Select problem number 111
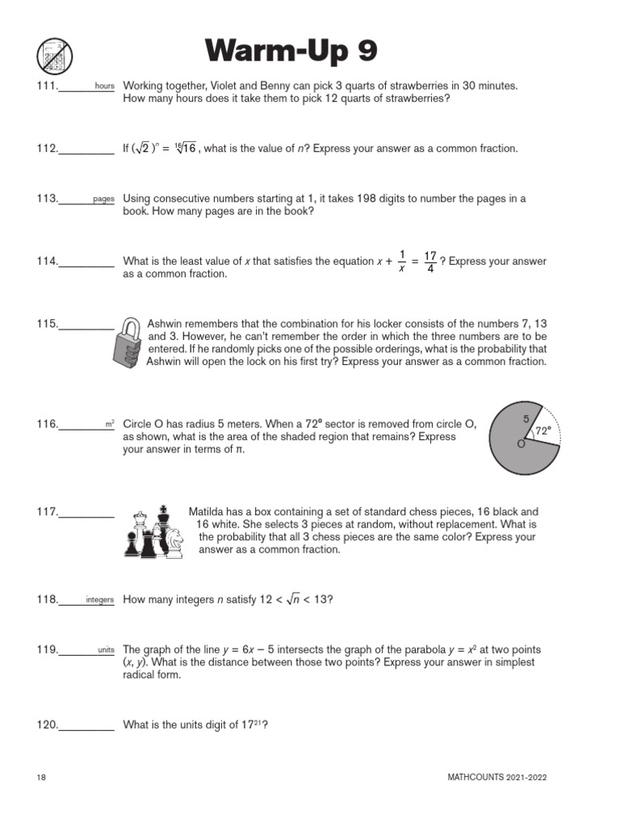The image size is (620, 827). click(x=47, y=86)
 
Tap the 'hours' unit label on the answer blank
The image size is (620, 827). click(x=104, y=86)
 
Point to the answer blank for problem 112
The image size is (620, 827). click(x=86, y=149)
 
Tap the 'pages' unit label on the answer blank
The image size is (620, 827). click(x=103, y=199)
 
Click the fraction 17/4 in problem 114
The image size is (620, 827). click(x=430, y=261)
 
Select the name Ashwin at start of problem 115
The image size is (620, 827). click(x=165, y=323)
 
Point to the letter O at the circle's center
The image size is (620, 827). click(x=521, y=444)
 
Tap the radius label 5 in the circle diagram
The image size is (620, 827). click(x=526, y=419)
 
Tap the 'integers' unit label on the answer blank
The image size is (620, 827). click(x=99, y=600)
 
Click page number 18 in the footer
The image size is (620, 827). click(x=41, y=777)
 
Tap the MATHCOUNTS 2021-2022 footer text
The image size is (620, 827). click(x=501, y=777)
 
